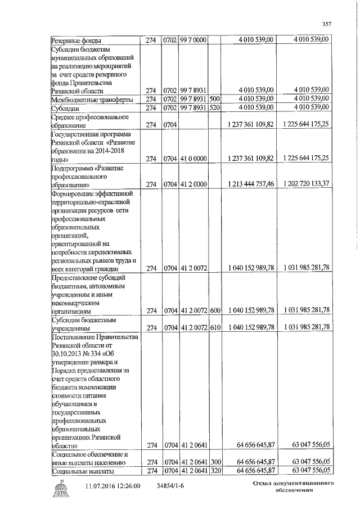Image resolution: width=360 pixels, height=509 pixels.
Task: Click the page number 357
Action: tap(326, 23)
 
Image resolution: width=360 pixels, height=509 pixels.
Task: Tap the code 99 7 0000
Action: tap(193, 40)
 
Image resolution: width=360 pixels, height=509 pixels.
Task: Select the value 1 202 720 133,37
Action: tap(307, 184)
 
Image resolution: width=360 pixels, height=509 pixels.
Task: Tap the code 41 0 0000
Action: tap(193, 159)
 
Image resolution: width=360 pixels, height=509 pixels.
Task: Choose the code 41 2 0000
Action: tap(193, 184)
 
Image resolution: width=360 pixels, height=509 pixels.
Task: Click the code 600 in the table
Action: tap(215, 310)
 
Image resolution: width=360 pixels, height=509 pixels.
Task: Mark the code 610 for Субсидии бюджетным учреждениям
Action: tap(215, 327)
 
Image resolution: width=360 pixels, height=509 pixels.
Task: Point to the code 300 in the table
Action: tap(215, 462)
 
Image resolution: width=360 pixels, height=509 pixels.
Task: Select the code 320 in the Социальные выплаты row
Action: tap(215, 470)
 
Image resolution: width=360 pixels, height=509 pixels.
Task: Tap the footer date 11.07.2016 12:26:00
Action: tap(113, 485)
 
